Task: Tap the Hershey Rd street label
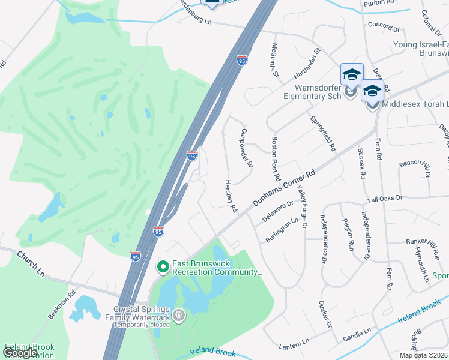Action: tap(231, 196)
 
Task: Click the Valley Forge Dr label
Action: tap(301, 207)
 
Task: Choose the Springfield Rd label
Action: tap(323, 133)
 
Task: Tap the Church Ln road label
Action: tap(31, 264)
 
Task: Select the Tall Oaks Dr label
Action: tap(392, 197)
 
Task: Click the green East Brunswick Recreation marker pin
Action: tap(162, 266)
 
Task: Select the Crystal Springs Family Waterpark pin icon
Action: tap(178, 314)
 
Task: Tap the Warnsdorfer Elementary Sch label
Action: tap(313, 91)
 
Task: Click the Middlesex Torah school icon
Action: tap(372, 92)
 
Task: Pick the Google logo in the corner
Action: tap(20, 353)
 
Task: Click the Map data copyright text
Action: tap(424, 355)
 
